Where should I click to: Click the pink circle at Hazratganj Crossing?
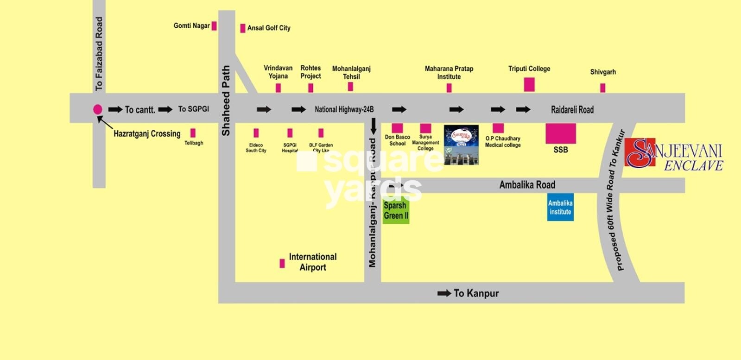[x=97, y=109]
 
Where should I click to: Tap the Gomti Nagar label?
[x=191, y=26]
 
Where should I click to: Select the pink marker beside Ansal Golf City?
[x=242, y=28]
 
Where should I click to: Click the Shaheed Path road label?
[x=226, y=101]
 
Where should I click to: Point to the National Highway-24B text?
[x=344, y=110]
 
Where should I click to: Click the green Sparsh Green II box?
[x=396, y=211]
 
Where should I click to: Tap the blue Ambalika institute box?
[x=560, y=207]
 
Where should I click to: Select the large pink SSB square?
[x=560, y=133]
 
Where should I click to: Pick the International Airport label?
[x=312, y=262]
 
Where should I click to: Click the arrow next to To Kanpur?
[x=444, y=293]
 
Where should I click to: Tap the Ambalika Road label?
[x=527, y=185]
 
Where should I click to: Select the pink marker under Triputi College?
[x=529, y=84]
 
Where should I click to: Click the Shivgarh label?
[x=602, y=72]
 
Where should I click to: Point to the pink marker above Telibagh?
[x=193, y=133]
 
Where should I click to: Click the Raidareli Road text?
[x=572, y=110]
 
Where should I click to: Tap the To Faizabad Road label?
[x=99, y=54]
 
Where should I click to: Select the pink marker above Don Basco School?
[x=397, y=128]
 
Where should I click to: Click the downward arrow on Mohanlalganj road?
[x=373, y=126]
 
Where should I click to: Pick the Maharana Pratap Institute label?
[x=449, y=73]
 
